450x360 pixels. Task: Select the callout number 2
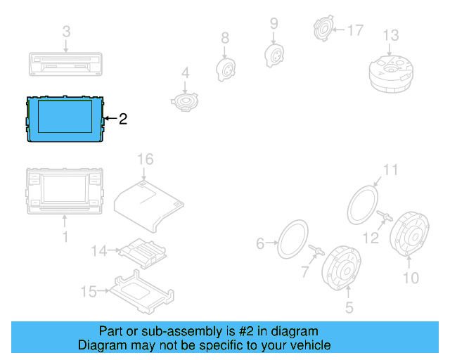[123, 119]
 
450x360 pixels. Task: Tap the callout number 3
[66, 32]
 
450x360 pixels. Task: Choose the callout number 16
[144, 160]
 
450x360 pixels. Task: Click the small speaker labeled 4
[186, 102]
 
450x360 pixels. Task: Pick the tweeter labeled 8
[224, 68]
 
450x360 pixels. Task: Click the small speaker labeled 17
[324, 30]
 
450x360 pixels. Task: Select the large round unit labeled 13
[391, 71]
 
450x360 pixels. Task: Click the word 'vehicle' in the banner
[307, 345]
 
